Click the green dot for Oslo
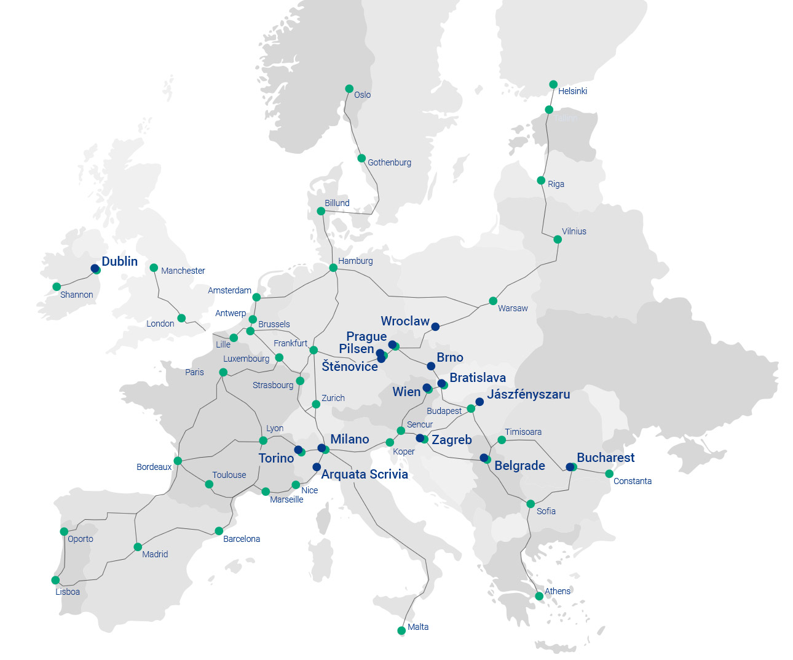point(349,89)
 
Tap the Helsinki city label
point(572,91)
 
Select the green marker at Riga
point(541,181)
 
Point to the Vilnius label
point(574,231)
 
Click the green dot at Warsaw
point(493,301)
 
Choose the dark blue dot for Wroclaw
point(435,327)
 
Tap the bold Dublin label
point(119,261)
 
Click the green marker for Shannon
point(57,287)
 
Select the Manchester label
point(183,271)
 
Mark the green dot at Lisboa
point(55,580)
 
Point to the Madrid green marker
point(138,547)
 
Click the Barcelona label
point(241,539)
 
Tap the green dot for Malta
point(401,630)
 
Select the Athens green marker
point(539,596)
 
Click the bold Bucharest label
point(606,458)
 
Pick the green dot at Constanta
point(609,474)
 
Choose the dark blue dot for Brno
point(431,366)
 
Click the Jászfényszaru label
point(528,394)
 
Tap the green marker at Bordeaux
point(178,461)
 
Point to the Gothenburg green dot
point(361,158)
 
